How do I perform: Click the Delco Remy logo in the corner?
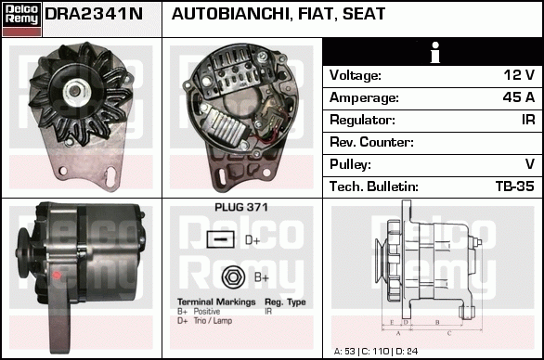(21, 19)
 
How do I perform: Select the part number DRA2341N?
(94, 14)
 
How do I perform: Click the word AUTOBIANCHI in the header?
(230, 14)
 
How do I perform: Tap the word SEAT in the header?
(364, 14)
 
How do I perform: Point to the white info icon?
(434, 52)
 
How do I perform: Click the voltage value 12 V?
(519, 75)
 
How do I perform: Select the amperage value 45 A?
(519, 97)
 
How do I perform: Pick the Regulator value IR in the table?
(528, 120)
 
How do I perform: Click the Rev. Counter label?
(371, 142)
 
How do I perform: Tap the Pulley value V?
(530, 164)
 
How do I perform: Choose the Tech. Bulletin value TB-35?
(515, 186)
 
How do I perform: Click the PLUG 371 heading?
(241, 208)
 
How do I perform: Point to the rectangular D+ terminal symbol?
(221, 239)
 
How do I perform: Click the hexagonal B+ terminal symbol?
(233, 277)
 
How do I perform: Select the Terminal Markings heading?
(216, 302)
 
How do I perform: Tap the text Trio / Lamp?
(213, 321)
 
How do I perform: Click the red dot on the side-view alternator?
(57, 276)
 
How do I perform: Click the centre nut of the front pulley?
(74, 91)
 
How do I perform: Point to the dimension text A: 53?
(344, 352)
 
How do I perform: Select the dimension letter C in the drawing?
(449, 333)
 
